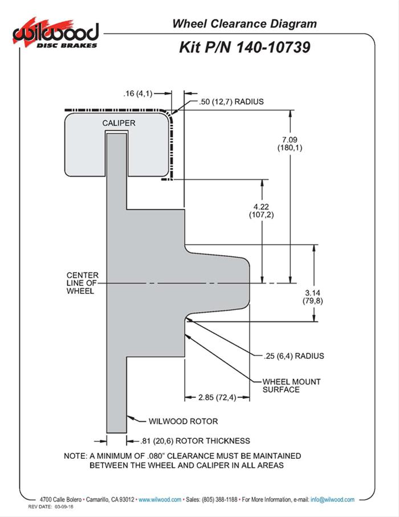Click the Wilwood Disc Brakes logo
point(55,34)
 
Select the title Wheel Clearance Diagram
point(244,24)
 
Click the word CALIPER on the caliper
point(119,123)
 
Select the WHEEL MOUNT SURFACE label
point(291,385)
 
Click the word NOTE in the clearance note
point(75,456)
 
